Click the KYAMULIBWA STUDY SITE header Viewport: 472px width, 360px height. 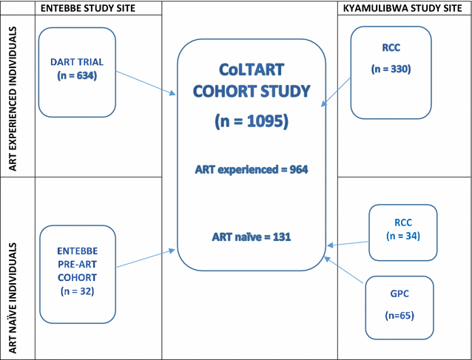click(x=404, y=7)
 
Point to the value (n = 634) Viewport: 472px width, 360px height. click(x=77, y=75)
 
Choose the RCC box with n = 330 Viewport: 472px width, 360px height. click(x=391, y=72)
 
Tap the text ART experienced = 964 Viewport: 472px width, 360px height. click(x=252, y=169)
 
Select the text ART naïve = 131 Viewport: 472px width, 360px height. click(x=252, y=237)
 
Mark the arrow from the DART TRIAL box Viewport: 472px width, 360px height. click(x=146, y=81)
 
